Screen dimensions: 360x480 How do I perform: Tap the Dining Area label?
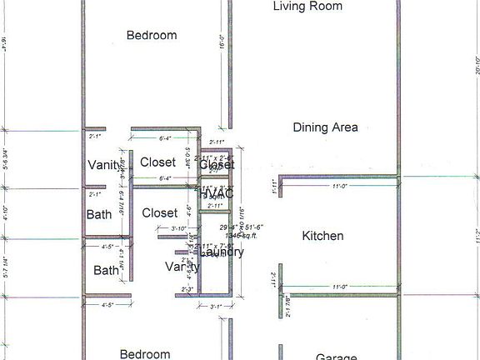[x=325, y=127]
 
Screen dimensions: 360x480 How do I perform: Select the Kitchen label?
[x=322, y=236]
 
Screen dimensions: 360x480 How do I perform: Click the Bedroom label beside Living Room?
[x=152, y=35]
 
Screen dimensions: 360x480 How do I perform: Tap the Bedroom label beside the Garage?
[x=146, y=354]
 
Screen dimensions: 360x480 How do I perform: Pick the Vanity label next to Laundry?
[x=182, y=267]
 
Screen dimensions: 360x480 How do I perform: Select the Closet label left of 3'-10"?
[x=159, y=213]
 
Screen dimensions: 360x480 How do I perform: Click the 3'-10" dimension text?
[x=178, y=228]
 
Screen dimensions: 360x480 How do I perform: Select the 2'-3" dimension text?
[x=188, y=289]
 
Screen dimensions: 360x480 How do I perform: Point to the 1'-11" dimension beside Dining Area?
[x=275, y=184]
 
